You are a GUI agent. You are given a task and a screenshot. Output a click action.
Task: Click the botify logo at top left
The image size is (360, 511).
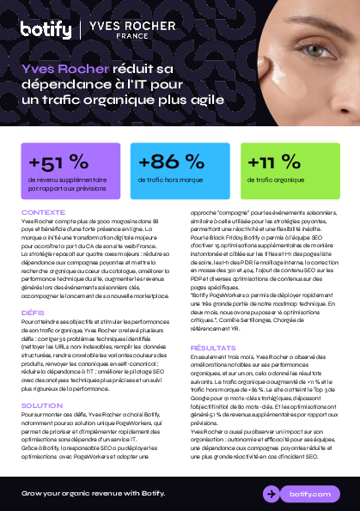[46, 29]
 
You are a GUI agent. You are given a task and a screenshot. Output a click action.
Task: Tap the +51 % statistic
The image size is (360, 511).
[58, 162]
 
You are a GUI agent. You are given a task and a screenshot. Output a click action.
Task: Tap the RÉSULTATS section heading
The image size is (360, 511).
[212, 347]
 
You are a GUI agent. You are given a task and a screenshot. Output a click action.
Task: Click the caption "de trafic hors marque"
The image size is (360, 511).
[170, 179]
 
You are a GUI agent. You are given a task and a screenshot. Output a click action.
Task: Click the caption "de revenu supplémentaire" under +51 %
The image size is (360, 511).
[68, 179]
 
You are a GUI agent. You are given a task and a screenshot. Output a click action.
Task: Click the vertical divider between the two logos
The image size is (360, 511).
[80, 29]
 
